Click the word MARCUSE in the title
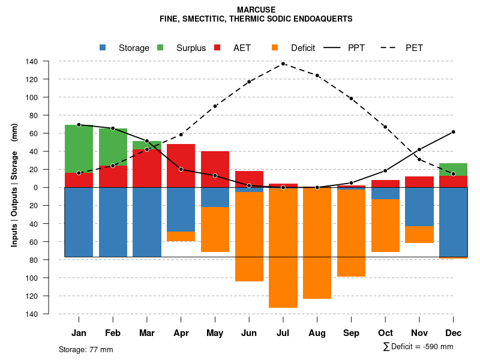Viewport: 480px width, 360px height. pyautogui.click(x=256, y=10)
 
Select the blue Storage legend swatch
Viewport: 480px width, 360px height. pyautogui.click(x=103, y=47)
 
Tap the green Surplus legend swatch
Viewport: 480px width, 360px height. pyautogui.click(x=160, y=47)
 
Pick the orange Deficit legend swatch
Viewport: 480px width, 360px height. pyautogui.click(x=275, y=47)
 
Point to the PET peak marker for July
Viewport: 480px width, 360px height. pyautogui.click(x=283, y=64)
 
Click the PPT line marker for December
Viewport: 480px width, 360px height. pyautogui.click(x=453, y=132)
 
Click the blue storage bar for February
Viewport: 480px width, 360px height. pyautogui.click(x=113, y=222)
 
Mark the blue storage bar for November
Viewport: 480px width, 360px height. pyautogui.click(x=419, y=207)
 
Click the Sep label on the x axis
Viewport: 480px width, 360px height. pyautogui.click(x=351, y=333)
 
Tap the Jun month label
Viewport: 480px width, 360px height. pyautogui.click(x=249, y=333)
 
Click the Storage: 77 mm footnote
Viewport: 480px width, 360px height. pyautogui.click(x=86, y=349)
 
